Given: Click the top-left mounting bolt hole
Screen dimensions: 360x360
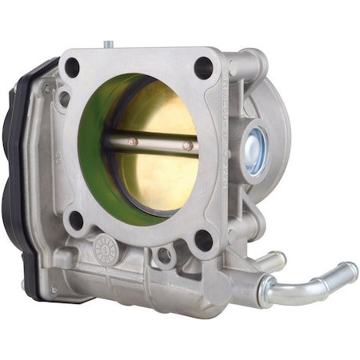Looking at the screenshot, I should (x=72, y=68).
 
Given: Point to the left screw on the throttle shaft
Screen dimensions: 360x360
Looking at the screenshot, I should (x=134, y=143).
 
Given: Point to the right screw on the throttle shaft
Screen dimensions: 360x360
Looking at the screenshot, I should (x=187, y=146).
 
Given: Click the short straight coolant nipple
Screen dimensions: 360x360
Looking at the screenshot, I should (x=270, y=261).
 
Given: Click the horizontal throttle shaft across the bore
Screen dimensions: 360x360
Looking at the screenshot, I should (x=160, y=145).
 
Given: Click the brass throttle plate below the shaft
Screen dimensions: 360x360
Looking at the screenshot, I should (x=160, y=180).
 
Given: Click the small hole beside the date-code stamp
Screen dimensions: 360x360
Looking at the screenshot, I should (x=165, y=256).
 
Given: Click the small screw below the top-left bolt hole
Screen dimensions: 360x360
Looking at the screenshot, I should (x=65, y=98).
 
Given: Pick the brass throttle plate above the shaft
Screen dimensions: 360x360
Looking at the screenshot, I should (x=164, y=112).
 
